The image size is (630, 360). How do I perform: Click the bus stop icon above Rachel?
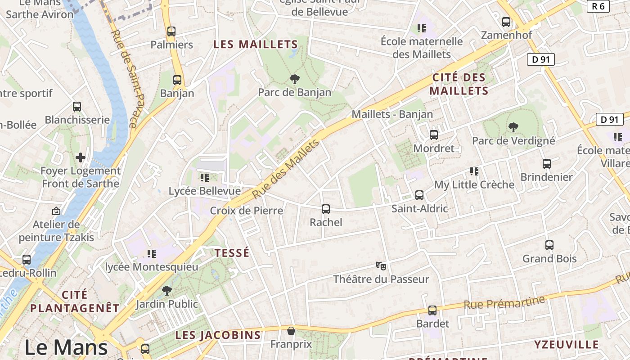tap(326, 209)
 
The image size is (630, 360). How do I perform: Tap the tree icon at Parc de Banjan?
tap(295, 79)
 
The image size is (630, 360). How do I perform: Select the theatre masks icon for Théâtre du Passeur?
tap(381, 266)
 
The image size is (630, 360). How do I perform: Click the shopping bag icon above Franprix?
tap(291, 331)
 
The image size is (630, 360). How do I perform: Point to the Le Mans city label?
tap(66, 347)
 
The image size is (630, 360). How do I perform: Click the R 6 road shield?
tap(598, 6)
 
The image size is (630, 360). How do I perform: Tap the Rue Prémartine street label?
tap(504, 302)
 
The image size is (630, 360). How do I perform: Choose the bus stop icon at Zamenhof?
tap(506, 22)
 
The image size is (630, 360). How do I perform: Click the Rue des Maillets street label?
tap(286, 169)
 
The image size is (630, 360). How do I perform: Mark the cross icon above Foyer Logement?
tap(81, 157)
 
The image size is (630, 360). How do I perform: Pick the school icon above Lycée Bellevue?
tap(205, 178)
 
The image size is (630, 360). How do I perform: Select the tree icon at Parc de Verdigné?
tap(513, 127)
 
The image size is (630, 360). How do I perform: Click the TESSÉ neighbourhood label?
tap(232, 253)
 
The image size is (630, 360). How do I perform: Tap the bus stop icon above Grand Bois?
tap(549, 245)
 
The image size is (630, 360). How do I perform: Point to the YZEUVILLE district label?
tap(566, 345)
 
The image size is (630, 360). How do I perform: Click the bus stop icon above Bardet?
tap(432, 310)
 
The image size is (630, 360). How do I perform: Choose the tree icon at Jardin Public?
tap(167, 291)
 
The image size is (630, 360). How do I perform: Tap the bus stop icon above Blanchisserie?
tap(77, 107)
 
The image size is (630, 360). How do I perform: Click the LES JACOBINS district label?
tap(218, 335)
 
